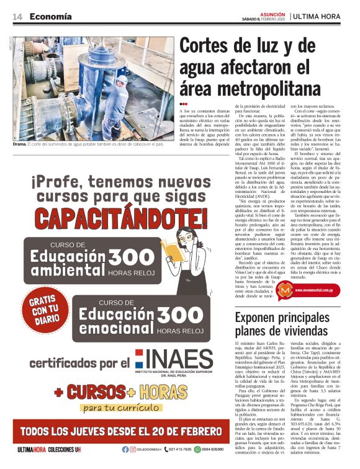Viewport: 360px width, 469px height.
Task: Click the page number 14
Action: [x=17, y=17]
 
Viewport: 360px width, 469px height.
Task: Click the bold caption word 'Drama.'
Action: [x=20, y=144]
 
